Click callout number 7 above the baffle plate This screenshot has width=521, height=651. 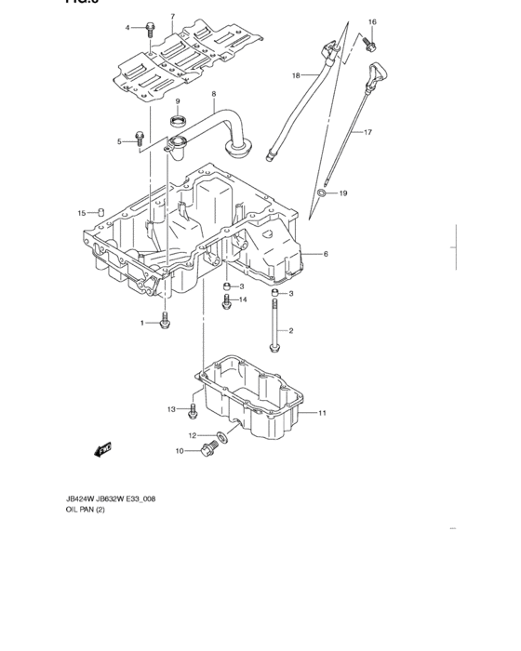click(172, 17)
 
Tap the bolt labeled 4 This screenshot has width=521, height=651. click(150, 29)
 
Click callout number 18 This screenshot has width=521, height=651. click(296, 74)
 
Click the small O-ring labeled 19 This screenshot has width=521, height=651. click(322, 193)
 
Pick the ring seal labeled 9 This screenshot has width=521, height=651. click(178, 119)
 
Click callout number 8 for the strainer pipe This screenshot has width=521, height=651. click(214, 94)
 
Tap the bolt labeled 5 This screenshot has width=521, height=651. click(139, 139)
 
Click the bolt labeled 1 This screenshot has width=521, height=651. click(164, 322)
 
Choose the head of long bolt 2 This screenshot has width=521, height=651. click(274, 348)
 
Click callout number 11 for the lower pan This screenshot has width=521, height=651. click(323, 412)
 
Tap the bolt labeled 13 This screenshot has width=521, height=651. click(192, 409)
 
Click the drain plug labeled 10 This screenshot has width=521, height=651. click(207, 451)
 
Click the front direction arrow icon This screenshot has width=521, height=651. click(101, 450)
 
